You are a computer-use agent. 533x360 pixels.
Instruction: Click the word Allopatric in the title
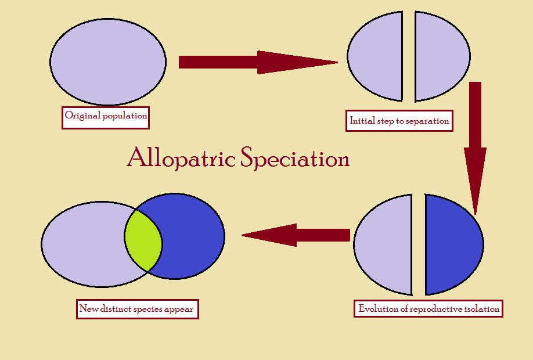[x=181, y=157]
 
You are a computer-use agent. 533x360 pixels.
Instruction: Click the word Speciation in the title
[x=295, y=157]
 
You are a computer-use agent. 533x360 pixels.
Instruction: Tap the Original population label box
[x=105, y=118]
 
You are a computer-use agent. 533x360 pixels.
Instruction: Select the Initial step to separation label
[x=399, y=121]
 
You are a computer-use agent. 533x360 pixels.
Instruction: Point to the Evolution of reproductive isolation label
[x=428, y=309]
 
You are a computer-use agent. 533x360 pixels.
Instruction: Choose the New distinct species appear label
[x=138, y=309]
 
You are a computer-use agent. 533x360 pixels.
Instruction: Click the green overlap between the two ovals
[x=143, y=240]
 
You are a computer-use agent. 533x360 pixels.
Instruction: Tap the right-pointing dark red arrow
[x=258, y=62]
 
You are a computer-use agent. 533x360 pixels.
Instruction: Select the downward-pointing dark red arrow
[x=475, y=148]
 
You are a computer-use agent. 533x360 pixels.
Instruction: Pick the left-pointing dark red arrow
[x=296, y=235]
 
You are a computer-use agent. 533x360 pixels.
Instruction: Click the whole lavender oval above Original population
[x=108, y=62]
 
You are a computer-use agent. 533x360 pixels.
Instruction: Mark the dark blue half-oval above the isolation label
[x=454, y=244]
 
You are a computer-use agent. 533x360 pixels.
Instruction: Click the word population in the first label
[x=125, y=116]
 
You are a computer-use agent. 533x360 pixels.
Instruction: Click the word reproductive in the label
[x=436, y=309]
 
